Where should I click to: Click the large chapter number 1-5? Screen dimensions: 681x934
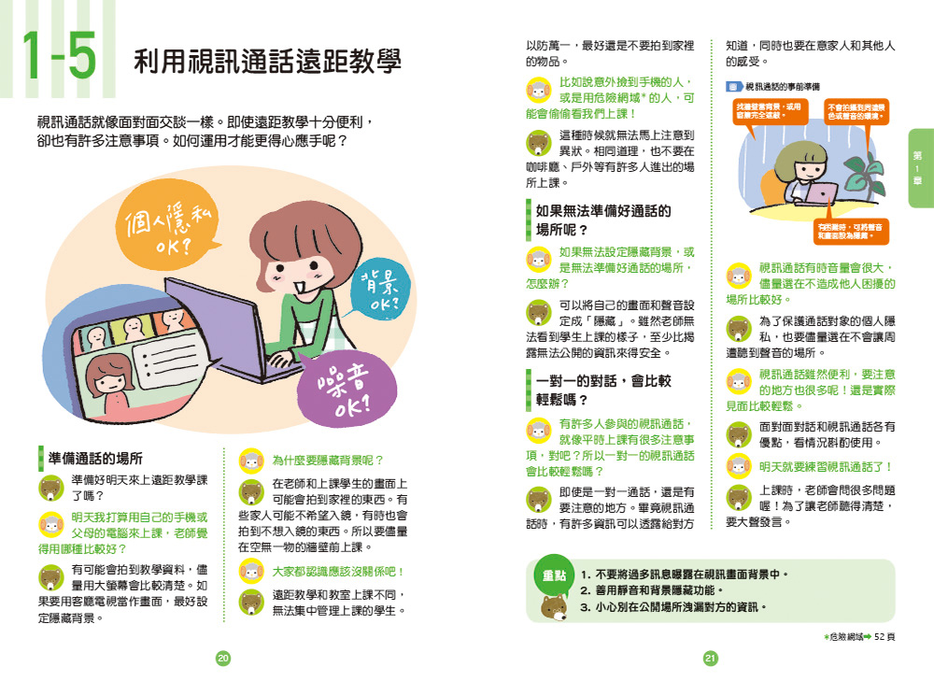pos(58,59)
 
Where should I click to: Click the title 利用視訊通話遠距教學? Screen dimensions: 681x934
pos(267,63)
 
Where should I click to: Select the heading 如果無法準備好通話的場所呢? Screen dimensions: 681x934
pos(602,220)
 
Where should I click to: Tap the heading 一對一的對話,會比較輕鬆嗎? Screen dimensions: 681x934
pos(602,390)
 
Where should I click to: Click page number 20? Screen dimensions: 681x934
pos(222,659)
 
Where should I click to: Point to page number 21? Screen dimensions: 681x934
pos(710,659)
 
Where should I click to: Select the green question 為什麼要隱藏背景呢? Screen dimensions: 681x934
pos(328,460)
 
